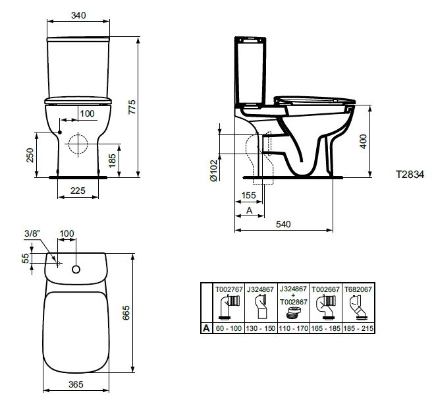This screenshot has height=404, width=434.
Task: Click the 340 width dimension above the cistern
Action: coord(78,16)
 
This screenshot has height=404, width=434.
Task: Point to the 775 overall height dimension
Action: coord(132,107)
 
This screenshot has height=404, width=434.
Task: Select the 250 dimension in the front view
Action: coord(30,156)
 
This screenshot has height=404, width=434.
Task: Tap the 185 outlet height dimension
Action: coord(112,161)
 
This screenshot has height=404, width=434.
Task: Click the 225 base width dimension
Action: coord(78,190)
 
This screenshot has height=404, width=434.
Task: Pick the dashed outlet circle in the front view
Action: coord(78,144)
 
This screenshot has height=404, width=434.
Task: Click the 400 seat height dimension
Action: coord(363,142)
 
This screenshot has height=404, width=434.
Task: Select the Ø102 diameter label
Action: coord(214,170)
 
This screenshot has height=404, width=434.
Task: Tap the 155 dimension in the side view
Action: coord(248,196)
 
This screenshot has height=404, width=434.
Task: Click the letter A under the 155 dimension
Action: coord(250,210)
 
